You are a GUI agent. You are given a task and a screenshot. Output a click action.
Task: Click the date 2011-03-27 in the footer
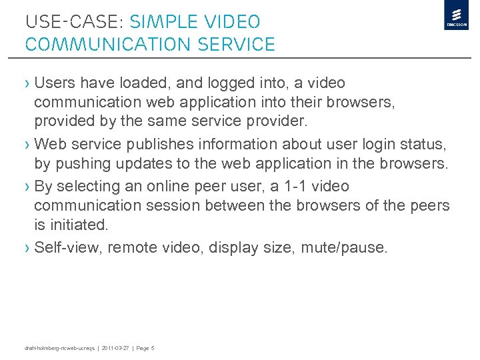pyautogui.click(x=115, y=348)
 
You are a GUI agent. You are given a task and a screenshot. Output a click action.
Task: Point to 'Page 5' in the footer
pyautogui.click(x=145, y=348)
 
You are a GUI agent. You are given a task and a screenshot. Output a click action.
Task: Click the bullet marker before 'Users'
pyautogui.click(x=27, y=83)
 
